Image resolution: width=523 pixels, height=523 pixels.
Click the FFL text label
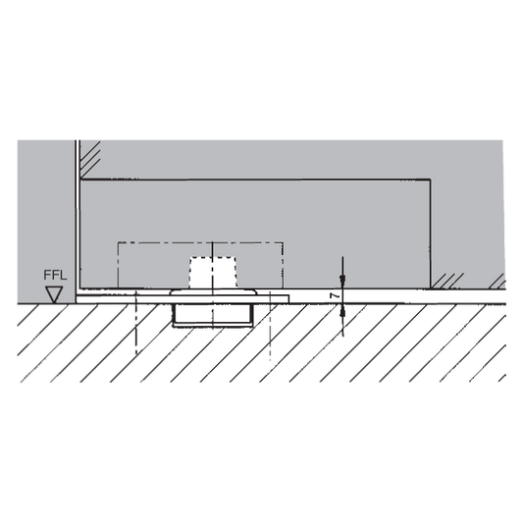pyautogui.click(x=55, y=275)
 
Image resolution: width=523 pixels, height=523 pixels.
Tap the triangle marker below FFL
pyautogui.click(x=54, y=294)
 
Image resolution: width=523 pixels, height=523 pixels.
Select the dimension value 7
pyautogui.click(x=335, y=296)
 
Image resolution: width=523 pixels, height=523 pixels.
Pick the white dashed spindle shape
pyautogui.click(x=213, y=272)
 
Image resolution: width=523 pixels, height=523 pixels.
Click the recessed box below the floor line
pyautogui.click(x=213, y=314)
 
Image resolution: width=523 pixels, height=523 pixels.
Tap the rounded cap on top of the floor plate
pyautogui.click(x=213, y=292)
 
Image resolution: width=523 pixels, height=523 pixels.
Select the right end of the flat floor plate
pyautogui.click(x=288, y=299)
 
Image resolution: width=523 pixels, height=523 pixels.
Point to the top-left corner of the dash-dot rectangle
pyautogui.click(x=119, y=242)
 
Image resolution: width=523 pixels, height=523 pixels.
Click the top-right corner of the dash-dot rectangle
pyautogui.click(x=283, y=242)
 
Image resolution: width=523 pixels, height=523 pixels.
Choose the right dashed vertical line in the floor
pyautogui.click(x=270, y=327)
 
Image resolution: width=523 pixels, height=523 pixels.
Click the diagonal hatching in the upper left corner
pyautogui.click(x=90, y=159)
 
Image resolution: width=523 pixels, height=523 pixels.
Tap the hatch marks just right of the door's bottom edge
pyautogui.click(x=447, y=281)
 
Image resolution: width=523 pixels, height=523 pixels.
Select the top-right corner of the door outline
pyautogui.click(x=430, y=181)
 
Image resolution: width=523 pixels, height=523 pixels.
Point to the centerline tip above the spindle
pyautogui.click(x=213, y=242)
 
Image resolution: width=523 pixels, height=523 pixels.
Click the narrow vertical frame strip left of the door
pyautogui.click(x=78, y=218)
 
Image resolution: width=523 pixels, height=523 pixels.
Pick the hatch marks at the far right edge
pyautogui.click(x=497, y=282)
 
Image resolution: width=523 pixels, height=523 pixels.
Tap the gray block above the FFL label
pyautogui.click(x=46, y=203)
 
